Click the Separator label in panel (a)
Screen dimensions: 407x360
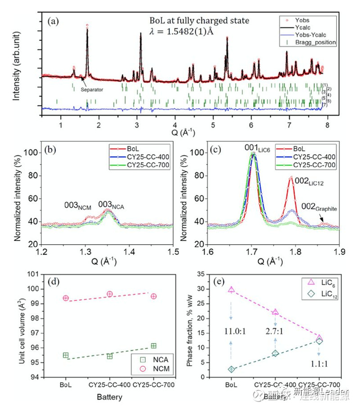(92, 89)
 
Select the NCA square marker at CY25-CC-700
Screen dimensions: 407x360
(153, 345)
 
